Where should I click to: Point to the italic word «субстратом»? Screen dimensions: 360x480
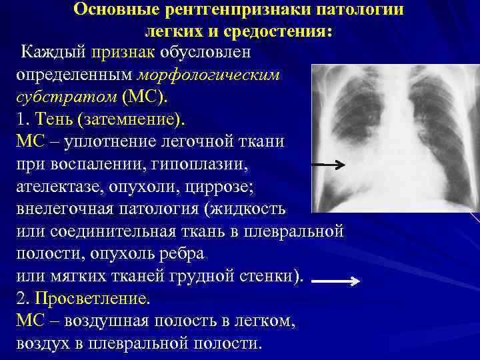coord(64,97)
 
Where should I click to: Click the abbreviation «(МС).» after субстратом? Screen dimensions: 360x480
coord(145,97)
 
